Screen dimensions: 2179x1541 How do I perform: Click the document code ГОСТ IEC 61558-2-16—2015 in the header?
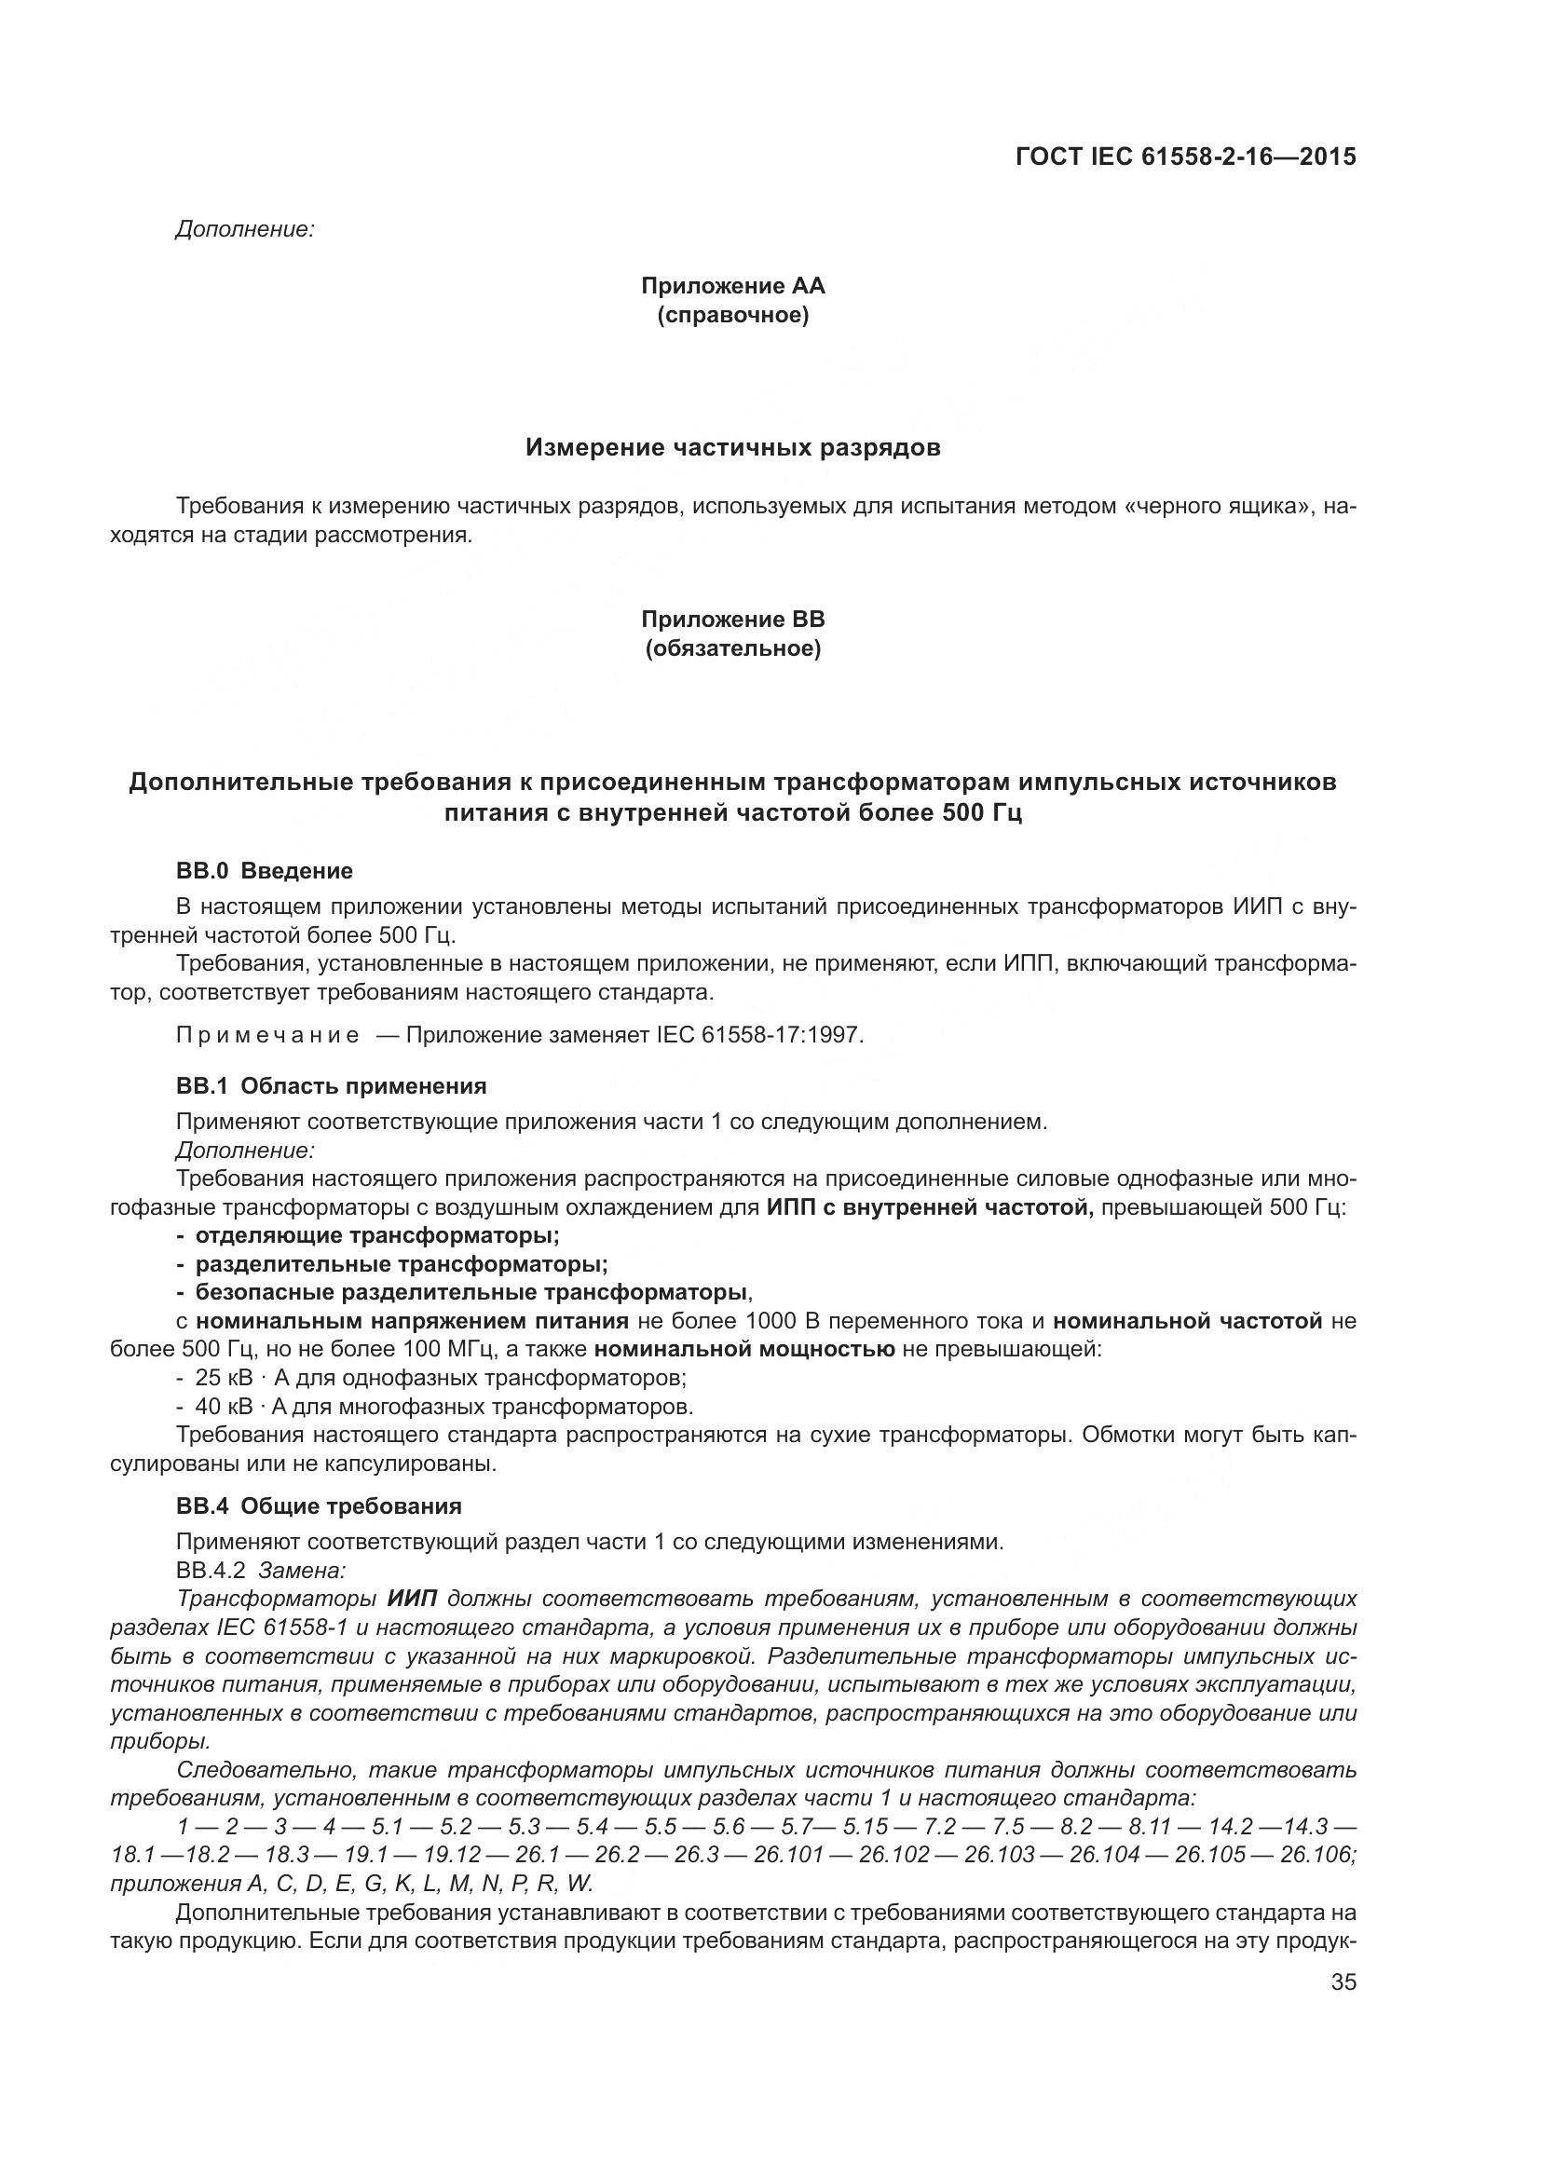point(1185,157)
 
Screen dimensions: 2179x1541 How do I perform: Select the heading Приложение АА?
point(732,286)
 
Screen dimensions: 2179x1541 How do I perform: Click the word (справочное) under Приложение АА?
point(732,315)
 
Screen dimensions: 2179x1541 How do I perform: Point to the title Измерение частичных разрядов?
point(732,448)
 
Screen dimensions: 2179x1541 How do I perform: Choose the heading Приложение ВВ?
point(732,620)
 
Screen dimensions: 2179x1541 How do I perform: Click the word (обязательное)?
point(732,649)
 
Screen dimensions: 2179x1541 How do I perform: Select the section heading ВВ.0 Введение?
point(265,870)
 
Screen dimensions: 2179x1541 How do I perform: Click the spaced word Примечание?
point(267,1034)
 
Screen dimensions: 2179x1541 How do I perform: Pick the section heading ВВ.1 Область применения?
point(331,1085)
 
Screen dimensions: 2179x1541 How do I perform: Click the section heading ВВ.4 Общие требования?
point(319,1506)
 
